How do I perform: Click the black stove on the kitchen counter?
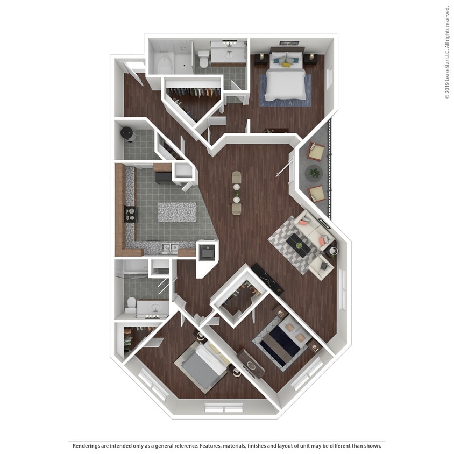[x=131, y=214]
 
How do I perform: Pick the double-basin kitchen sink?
[x=171, y=248]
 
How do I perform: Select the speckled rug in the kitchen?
[x=177, y=212]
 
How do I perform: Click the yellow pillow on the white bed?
[x=286, y=65]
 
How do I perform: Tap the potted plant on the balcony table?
[x=314, y=173]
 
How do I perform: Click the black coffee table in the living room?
[x=298, y=245]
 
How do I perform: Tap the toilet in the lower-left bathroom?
[x=131, y=305]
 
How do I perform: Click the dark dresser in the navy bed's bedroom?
[x=251, y=363]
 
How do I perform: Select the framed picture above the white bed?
[x=289, y=44]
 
